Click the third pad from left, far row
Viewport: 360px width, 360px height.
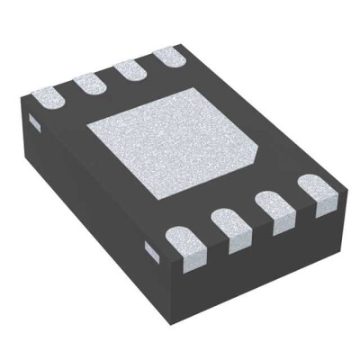130,70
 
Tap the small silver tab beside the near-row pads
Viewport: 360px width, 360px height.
153,252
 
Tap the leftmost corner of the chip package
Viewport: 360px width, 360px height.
20,112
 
